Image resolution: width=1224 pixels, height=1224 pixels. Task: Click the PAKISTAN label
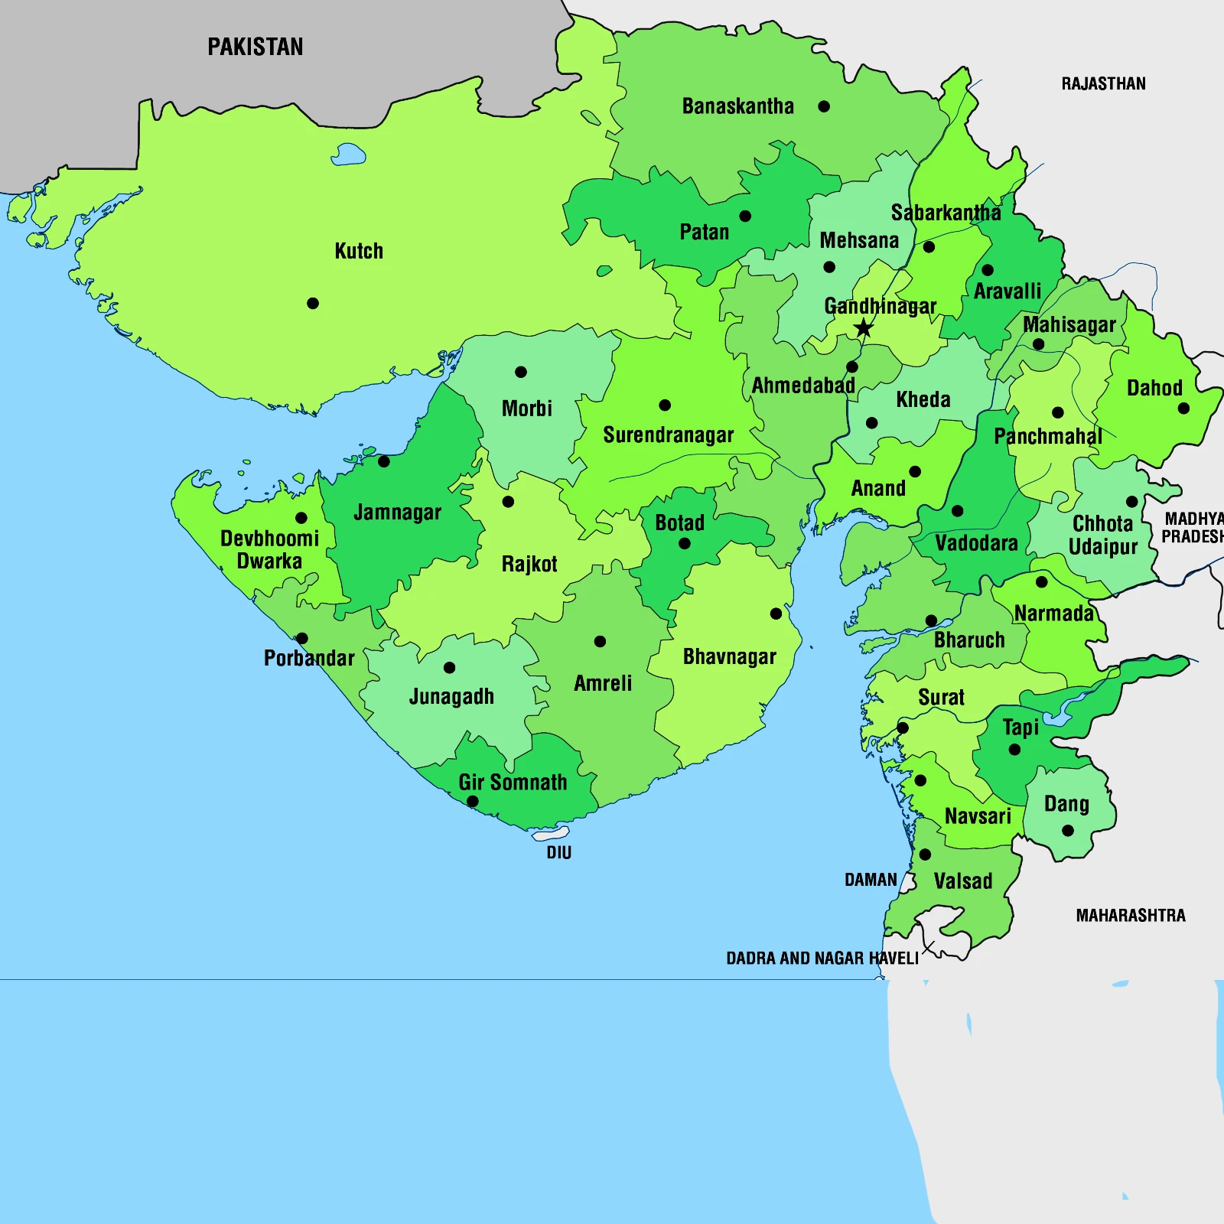point(256,47)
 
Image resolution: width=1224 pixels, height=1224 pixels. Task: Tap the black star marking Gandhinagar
point(864,329)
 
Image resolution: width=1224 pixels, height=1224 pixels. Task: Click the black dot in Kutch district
point(313,304)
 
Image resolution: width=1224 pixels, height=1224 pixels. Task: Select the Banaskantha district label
point(737,106)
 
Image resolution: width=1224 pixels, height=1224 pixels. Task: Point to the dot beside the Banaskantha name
point(824,106)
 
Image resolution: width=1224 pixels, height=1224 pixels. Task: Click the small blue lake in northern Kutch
point(348,155)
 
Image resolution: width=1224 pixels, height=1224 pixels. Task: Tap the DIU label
point(558,853)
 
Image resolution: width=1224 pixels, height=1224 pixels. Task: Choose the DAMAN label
point(871,880)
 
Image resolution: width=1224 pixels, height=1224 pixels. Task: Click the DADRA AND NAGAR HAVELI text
point(822,959)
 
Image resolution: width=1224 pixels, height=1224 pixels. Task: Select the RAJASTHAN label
point(1103,84)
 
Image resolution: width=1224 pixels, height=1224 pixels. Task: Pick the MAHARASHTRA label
point(1131,916)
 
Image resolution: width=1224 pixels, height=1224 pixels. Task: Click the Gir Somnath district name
point(513,783)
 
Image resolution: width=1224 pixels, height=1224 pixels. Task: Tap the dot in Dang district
point(1068,831)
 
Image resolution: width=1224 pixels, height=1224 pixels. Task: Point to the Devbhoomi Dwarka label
point(269,549)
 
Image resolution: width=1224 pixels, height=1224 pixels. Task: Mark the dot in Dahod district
point(1183,409)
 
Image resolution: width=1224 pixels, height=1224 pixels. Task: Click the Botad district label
point(679,523)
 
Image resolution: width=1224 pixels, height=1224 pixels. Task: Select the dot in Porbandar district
point(302,638)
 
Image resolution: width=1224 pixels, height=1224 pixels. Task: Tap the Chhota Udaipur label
point(1102,535)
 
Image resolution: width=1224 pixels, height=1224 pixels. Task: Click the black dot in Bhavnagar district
point(776,614)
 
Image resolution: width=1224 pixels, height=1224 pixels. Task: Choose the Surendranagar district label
point(668,435)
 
